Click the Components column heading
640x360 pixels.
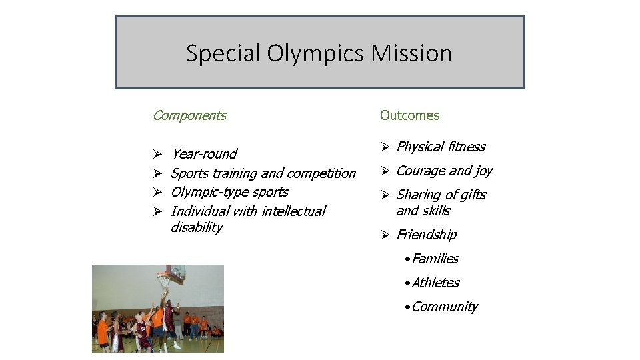click(189, 115)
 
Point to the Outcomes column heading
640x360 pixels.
click(409, 115)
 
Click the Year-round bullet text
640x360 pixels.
click(203, 154)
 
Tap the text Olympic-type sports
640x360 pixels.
click(229, 192)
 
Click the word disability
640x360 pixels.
click(197, 227)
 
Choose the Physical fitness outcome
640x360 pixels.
click(440, 147)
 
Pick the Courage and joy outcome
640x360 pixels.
click(444, 171)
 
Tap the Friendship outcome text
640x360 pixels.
click(426, 235)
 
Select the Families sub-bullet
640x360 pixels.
click(435, 259)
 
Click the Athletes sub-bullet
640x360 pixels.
click(435, 283)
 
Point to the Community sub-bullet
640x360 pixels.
click(444, 307)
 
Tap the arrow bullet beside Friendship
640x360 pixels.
click(385, 235)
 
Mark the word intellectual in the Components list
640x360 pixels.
click(294, 211)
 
